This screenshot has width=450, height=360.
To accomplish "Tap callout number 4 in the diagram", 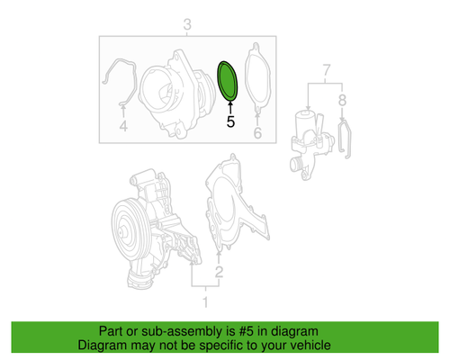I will click(x=123, y=128).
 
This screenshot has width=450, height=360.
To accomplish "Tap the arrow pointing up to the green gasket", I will click(x=230, y=106).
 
